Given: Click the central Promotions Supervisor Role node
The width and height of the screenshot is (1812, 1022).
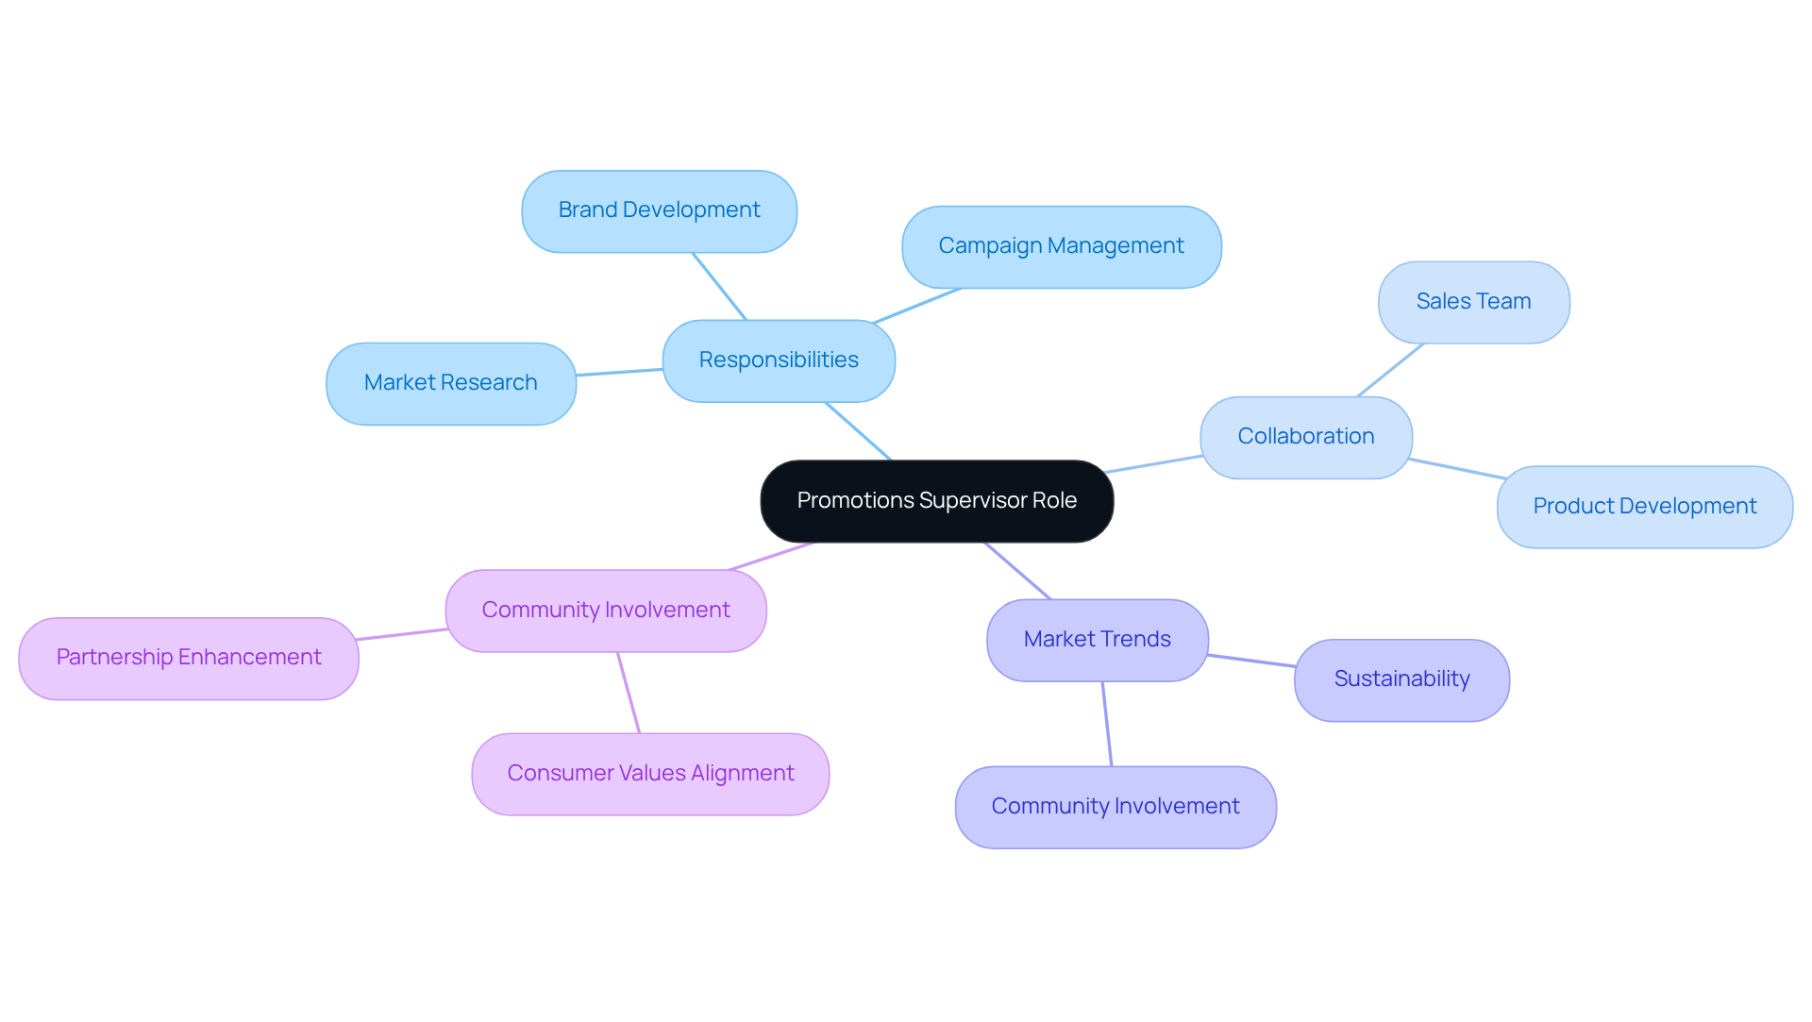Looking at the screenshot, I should click(x=936, y=501).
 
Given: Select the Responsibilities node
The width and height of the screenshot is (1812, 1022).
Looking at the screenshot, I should click(x=779, y=360).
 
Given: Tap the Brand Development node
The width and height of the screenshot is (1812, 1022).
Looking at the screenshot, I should click(x=659, y=210).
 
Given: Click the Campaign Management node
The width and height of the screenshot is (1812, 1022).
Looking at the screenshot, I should click(x=1061, y=246).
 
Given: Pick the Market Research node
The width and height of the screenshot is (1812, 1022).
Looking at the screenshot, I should click(x=450, y=383).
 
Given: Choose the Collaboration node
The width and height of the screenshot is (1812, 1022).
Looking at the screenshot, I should click(x=1305, y=437).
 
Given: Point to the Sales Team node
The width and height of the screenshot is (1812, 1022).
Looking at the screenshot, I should click(x=1473, y=302).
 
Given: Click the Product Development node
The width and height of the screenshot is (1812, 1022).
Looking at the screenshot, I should click(x=1644, y=507).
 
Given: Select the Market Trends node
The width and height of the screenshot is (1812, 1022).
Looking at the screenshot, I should click(x=1097, y=640).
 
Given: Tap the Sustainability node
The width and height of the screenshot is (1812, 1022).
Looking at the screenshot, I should click(x=1401, y=679).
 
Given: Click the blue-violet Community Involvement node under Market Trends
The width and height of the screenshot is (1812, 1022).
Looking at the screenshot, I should click(x=1116, y=807).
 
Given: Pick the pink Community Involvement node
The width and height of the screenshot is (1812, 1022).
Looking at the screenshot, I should click(x=605, y=611).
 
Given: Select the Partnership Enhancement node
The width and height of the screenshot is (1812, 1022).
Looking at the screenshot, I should click(x=189, y=658).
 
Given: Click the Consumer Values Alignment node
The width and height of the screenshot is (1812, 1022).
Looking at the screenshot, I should click(x=650, y=774).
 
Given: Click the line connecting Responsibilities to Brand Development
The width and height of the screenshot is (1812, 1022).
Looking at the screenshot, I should click(x=719, y=286).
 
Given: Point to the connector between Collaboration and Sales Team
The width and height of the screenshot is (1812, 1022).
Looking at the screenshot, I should click(x=1390, y=370).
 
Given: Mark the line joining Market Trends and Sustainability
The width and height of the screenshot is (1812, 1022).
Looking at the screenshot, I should click(x=1251, y=661).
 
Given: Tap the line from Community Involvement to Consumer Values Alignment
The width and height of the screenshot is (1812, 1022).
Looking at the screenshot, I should click(x=629, y=693).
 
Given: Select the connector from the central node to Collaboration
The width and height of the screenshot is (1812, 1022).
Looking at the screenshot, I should click(x=1153, y=464).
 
